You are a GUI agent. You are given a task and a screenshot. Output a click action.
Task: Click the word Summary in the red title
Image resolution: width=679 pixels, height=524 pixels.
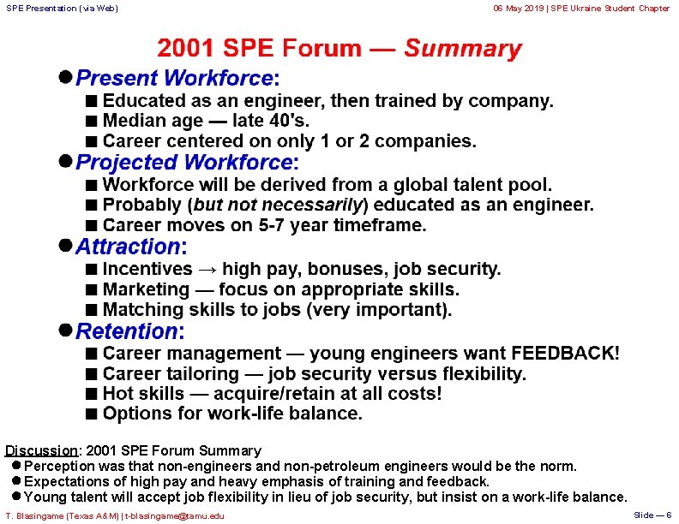pos(463,49)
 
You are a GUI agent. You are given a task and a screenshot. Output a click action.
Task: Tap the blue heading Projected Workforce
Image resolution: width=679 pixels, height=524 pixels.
pos(184,163)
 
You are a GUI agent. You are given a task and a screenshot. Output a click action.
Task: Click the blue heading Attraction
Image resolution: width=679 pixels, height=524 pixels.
pos(129,247)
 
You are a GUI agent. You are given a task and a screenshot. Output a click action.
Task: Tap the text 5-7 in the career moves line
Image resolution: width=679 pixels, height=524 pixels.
pos(271,226)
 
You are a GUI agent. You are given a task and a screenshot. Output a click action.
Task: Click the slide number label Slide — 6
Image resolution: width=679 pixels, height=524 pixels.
pos(652,515)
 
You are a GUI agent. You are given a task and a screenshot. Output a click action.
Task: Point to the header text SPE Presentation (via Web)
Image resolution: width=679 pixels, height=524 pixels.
pos(62,9)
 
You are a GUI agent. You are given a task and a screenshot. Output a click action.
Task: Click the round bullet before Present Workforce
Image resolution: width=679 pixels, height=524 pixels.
pos(64,77)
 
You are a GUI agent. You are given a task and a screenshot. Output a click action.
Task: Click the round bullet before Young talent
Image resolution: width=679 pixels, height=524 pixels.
pos(16,497)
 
